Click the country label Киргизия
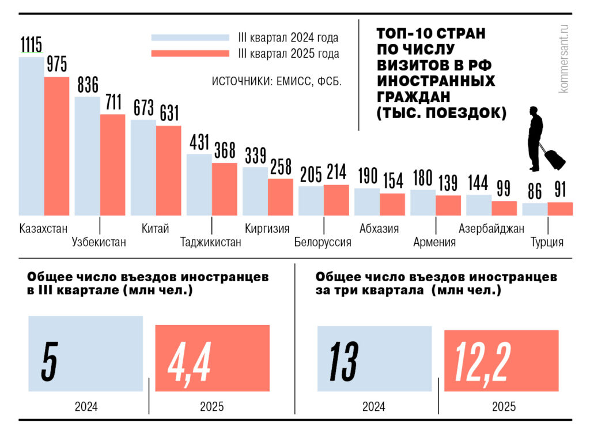[267, 228]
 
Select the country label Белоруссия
[322, 242]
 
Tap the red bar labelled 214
[336, 200]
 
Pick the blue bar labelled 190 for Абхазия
[366, 202]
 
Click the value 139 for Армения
[448, 183]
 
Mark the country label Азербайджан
[491, 228]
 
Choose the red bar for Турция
[560, 209]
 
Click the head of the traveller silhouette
[535, 111]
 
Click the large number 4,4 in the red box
[190, 364]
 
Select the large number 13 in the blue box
[345, 362]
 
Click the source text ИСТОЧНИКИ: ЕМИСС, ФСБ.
[277, 81]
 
